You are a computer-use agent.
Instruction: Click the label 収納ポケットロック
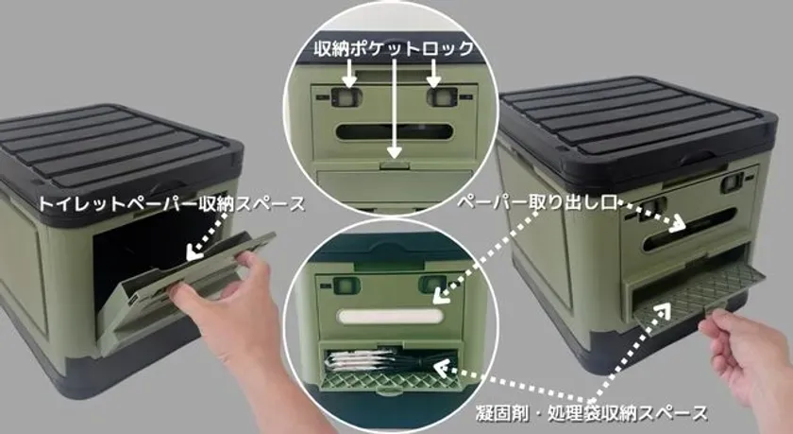[395, 46]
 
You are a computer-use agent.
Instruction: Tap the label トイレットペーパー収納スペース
[172, 203]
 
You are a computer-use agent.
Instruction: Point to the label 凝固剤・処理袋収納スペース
[592, 411]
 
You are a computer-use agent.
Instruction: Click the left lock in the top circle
[348, 96]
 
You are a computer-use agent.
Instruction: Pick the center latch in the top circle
[396, 163]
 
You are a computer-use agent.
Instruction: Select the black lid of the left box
[113, 147]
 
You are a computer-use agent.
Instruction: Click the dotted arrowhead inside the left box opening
[193, 252]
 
